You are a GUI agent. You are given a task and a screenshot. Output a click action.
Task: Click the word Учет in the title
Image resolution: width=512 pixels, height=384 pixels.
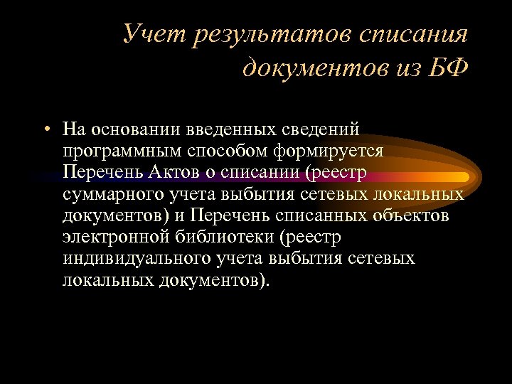[x=148, y=33]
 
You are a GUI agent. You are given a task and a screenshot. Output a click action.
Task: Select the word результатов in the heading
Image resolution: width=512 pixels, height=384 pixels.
[x=252, y=35]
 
